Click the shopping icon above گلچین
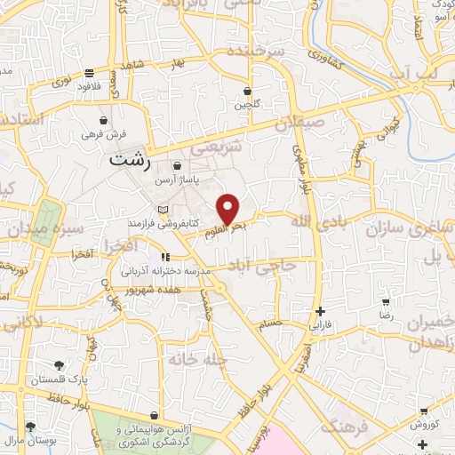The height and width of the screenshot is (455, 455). pyautogui.click(x=247, y=92)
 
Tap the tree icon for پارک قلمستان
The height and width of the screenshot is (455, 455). pyautogui.click(x=59, y=365)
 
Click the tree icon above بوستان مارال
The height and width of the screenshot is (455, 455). pyautogui.click(x=31, y=427)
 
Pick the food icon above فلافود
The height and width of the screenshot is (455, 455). pyautogui.click(x=90, y=74)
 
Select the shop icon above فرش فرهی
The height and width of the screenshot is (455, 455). pyautogui.click(x=105, y=120)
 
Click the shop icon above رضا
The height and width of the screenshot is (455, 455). pyautogui.click(x=386, y=302)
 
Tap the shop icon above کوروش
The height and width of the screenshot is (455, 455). pyautogui.click(x=425, y=412)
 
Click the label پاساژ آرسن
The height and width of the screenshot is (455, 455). pyautogui.click(x=176, y=180)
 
